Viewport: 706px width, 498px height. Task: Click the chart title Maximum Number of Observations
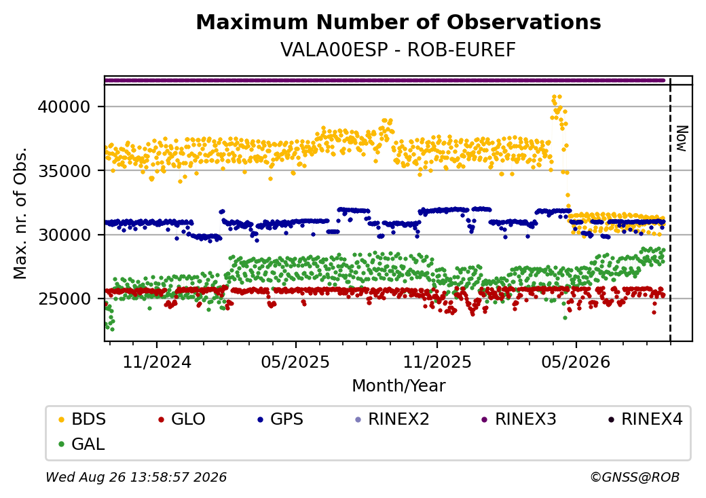click(x=398, y=22)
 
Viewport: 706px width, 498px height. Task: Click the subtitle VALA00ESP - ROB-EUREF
click(x=398, y=50)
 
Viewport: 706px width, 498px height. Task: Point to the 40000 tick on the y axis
click(x=64, y=107)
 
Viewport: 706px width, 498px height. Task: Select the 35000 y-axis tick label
click(x=64, y=171)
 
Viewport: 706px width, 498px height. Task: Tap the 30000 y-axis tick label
click(x=64, y=235)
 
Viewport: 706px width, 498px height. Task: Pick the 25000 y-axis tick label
click(x=64, y=299)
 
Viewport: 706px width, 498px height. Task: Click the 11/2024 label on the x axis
click(x=157, y=362)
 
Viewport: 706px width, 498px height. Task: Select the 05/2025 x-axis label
click(x=295, y=362)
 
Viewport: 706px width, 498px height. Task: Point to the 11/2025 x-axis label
click(x=436, y=362)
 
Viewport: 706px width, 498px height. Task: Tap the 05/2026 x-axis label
click(x=576, y=362)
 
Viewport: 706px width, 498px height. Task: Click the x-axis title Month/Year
click(x=398, y=386)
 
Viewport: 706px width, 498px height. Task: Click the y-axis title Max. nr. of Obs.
click(x=20, y=213)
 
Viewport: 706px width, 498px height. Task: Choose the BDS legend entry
click(x=82, y=419)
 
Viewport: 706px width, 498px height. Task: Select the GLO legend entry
click(x=182, y=419)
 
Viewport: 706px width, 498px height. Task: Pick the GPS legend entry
click(x=280, y=419)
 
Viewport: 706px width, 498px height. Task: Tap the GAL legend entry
click(x=82, y=444)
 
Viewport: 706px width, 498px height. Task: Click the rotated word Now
click(x=682, y=138)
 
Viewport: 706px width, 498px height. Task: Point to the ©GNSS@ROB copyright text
click(x=635, y=477)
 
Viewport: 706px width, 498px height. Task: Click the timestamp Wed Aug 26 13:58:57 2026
click(x=136, y=477)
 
